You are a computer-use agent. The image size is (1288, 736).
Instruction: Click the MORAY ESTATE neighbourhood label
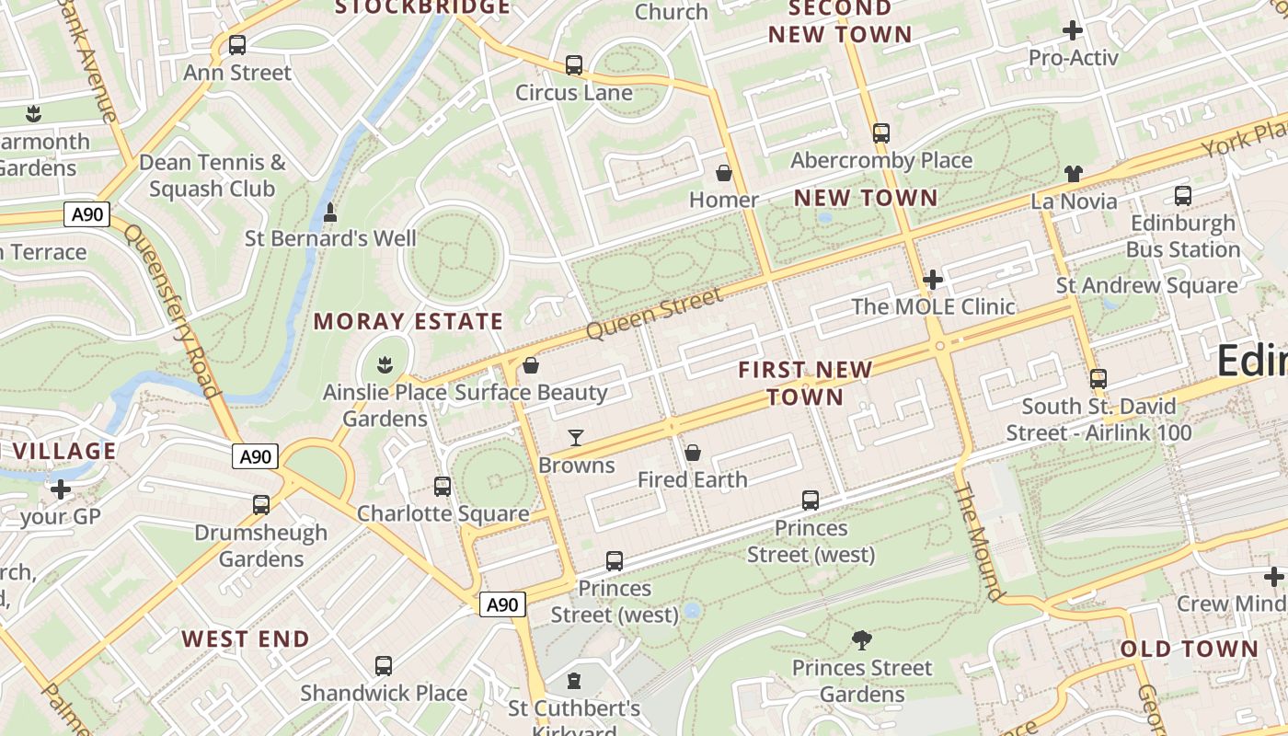(408, 321)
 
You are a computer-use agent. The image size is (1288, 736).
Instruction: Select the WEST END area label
(246, 638)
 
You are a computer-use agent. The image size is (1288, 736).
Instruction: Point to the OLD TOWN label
(1189, 649)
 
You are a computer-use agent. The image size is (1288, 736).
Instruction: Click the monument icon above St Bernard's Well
(330, 213)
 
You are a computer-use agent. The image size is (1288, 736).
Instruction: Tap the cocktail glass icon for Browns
(576, 438)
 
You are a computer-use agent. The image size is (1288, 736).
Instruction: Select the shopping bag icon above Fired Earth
(693, 453)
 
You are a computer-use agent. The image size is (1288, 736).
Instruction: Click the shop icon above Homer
(724, 173)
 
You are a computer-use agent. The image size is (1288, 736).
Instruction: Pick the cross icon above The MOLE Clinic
(933, 279)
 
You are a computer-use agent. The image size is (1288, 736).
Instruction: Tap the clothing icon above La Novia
(1074, 174)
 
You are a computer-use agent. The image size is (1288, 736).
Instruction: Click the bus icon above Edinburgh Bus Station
(1183, 196)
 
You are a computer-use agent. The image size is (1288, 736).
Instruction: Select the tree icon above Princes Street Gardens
(862, 640)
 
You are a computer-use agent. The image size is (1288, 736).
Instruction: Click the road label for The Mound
(978, 542)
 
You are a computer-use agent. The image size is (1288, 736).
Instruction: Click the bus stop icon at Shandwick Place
(384, 666)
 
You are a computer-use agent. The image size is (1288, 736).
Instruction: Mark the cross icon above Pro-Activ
(1073, 30)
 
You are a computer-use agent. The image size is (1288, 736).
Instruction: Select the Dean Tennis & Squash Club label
(213, 176)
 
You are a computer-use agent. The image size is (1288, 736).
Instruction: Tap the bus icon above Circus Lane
(574, 65)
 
